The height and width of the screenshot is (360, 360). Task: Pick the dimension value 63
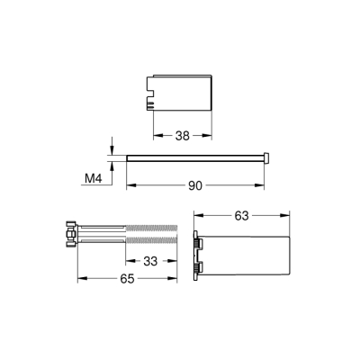pos(241,215)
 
